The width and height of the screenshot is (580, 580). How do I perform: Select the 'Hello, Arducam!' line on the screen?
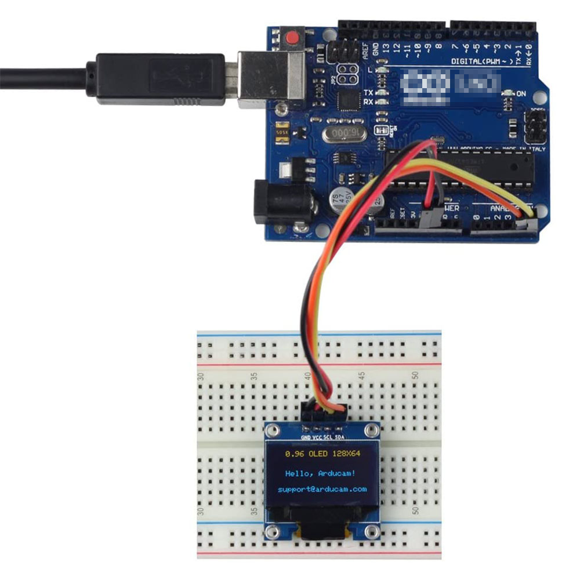pos(321,473)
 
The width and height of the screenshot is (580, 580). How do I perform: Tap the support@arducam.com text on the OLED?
pos(322,489)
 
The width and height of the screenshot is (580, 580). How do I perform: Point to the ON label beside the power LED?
pos(521,93)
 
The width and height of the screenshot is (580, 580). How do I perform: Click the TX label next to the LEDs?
pos(368,93)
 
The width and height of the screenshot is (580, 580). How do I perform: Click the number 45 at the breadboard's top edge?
pos(362,376)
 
